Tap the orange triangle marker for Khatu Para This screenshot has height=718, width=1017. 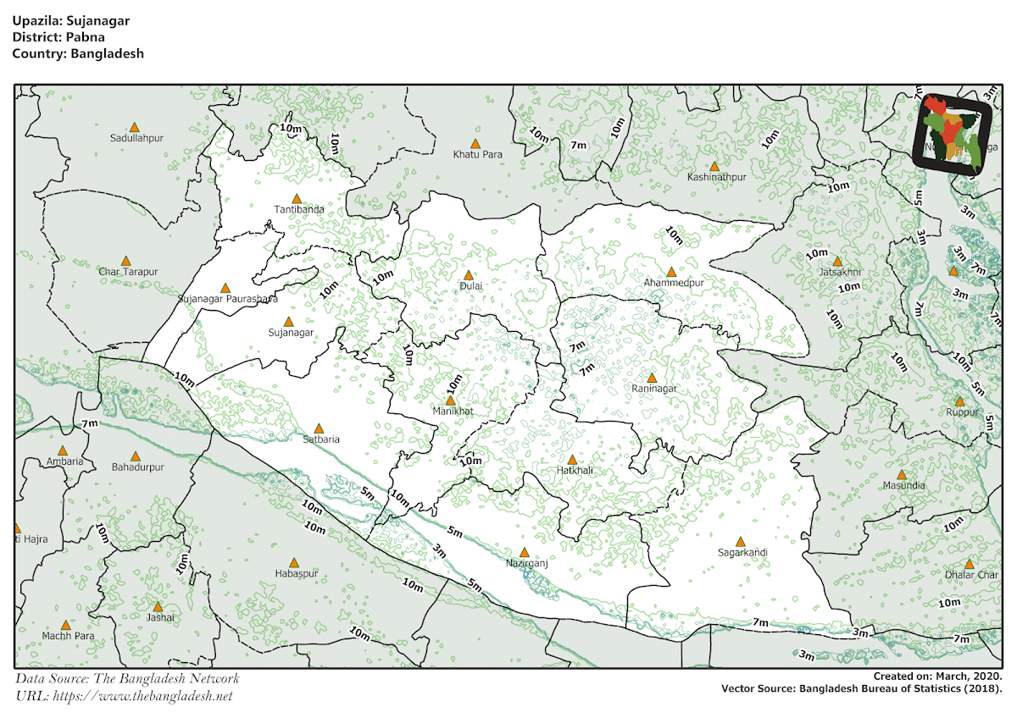click(x=475, y=143)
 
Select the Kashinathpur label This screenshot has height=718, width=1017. click(x=717, y=178)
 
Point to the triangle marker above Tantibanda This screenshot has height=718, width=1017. click(x=296, y=198)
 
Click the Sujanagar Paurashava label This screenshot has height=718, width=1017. click(x=228, y=299)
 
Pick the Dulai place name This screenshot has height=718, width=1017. click(x=470, y=286)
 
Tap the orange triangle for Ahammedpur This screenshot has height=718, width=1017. click(x=671, y=272)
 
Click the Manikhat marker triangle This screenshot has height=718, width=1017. click(x=450, y=400)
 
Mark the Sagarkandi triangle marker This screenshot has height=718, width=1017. click(x=740, y=541)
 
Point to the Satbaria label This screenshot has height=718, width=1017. click(x=321, y=439)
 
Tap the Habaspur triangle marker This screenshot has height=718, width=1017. click(x=294, y=562)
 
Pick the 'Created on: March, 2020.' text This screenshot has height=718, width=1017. click(x=938, y=677)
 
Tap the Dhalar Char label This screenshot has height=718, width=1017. click(x=971, y=575)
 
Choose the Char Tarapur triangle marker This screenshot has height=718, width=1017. click(x=126, y=261)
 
